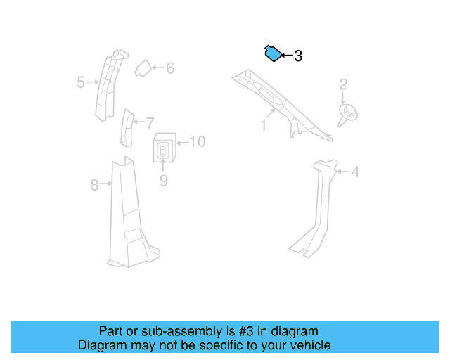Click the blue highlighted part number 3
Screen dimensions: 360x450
point(271,53)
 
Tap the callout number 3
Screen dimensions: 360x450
point(298,56)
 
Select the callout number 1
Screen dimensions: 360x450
point(263,126)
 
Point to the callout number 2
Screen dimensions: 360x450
point(344,85)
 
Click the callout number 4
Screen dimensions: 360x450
point(355,172)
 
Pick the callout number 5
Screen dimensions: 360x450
point(81,83)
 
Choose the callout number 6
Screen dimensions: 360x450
point(170,68)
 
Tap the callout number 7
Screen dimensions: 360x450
point(149,122)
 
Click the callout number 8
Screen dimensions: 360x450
point(94,186)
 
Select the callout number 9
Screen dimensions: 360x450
point(164,181)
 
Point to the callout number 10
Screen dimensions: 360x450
point(198,141)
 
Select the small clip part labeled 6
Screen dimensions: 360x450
point(143,67)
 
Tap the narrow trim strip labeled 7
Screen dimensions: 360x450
point(127,127)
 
